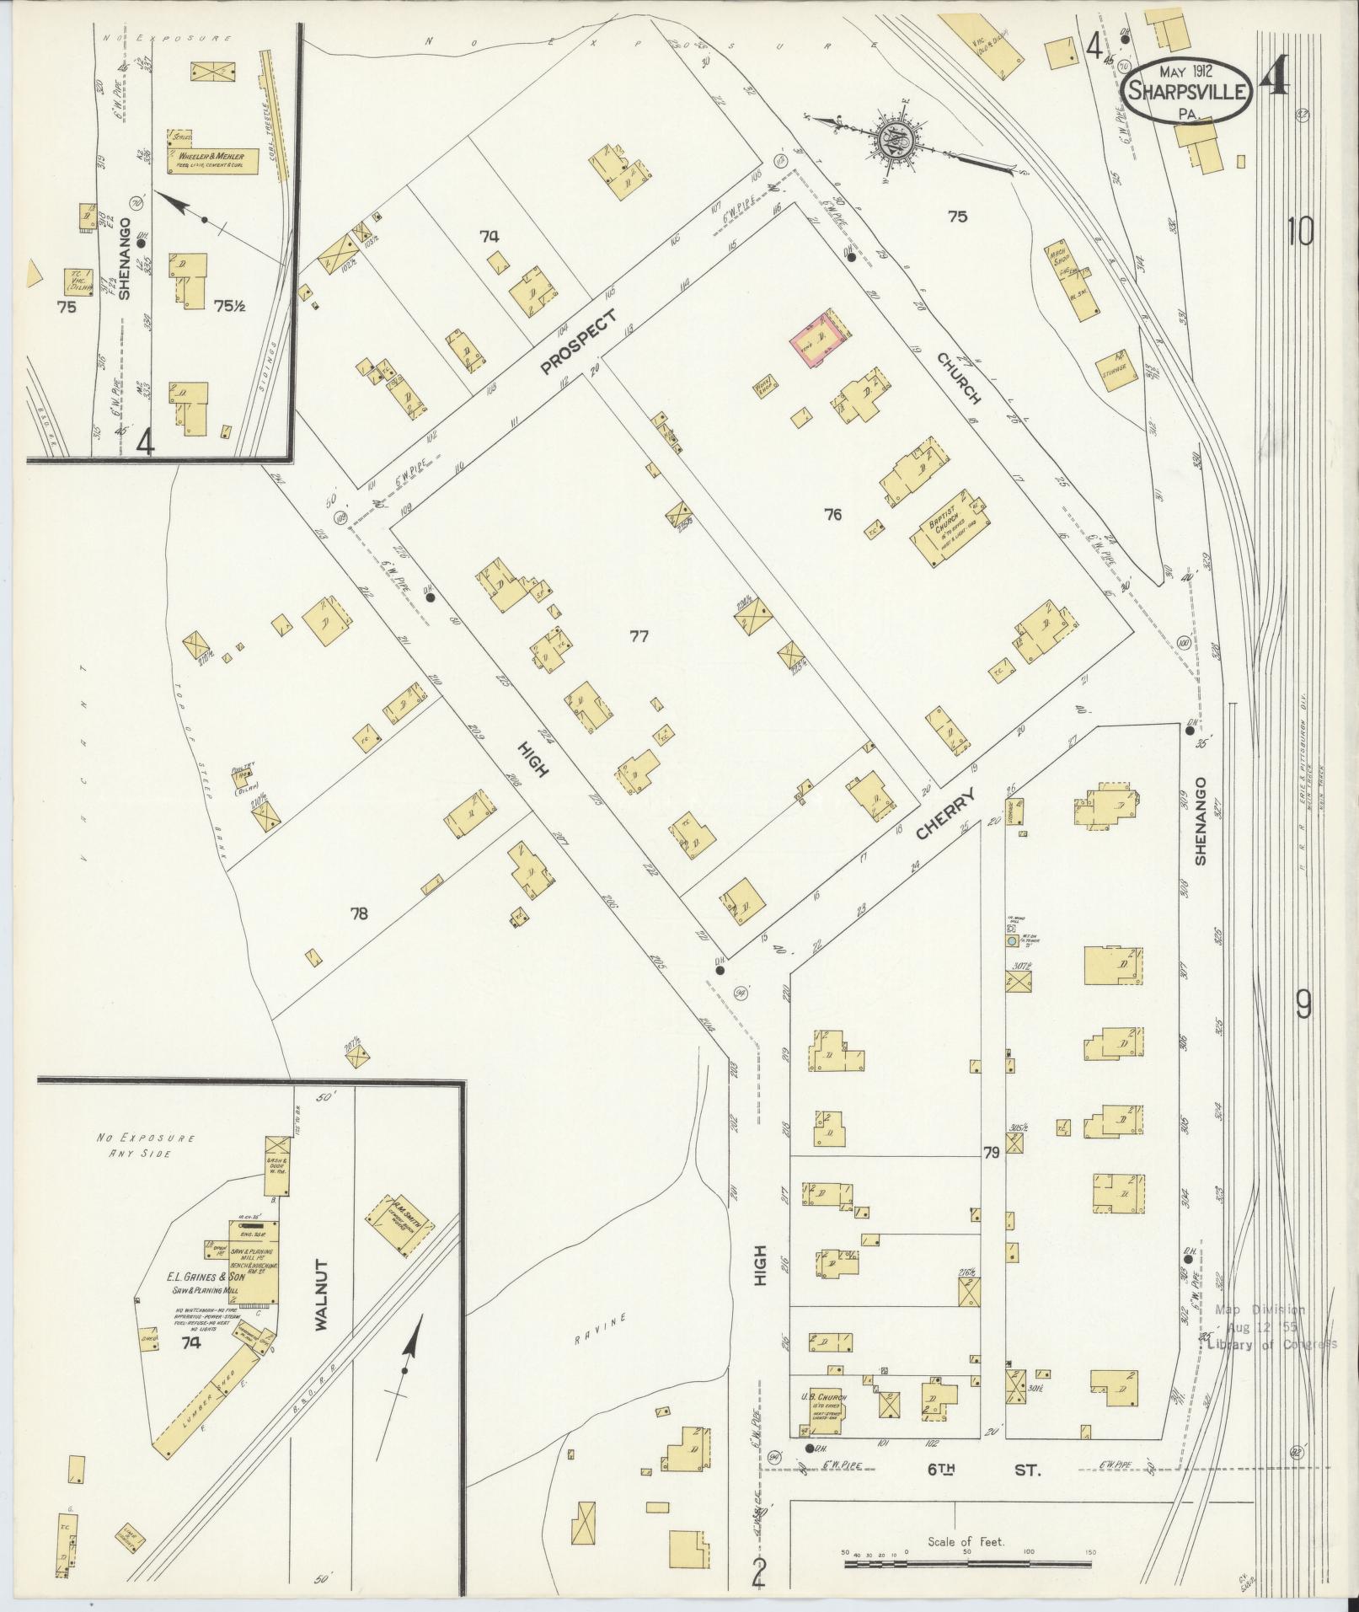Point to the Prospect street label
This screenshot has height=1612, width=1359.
pyautogui.click(x=579, y=341)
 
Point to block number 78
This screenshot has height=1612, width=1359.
pyautogui.click(x=359, y=913)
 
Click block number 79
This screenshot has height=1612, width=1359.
pyautogui.click(x=992, y=1151)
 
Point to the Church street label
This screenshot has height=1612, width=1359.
pyautogui.click(x=960, y=377)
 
